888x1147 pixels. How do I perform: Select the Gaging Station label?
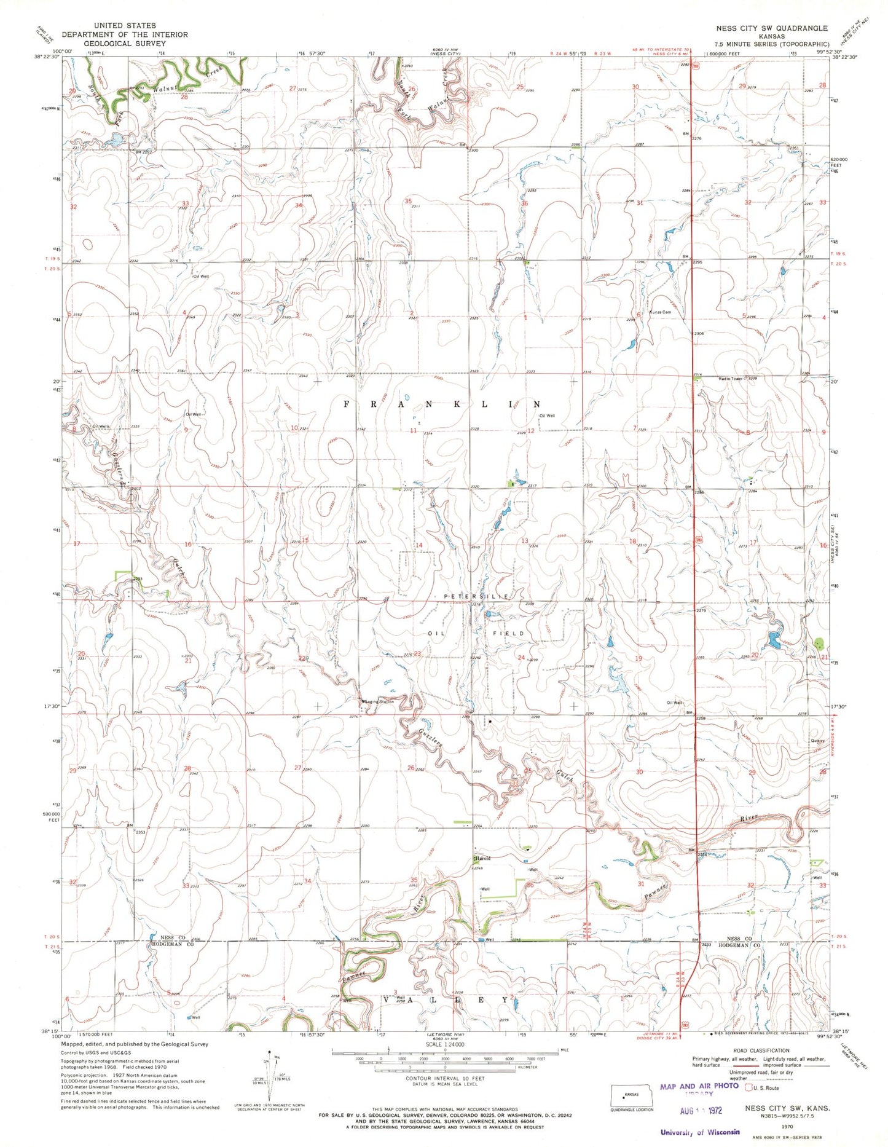(379, 701)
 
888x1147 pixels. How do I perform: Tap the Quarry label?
(817, 741)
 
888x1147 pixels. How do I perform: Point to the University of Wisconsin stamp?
(700, 1132)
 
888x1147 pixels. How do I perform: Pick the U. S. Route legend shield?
(750, 1088)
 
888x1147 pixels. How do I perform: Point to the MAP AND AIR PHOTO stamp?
(699, 1086)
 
